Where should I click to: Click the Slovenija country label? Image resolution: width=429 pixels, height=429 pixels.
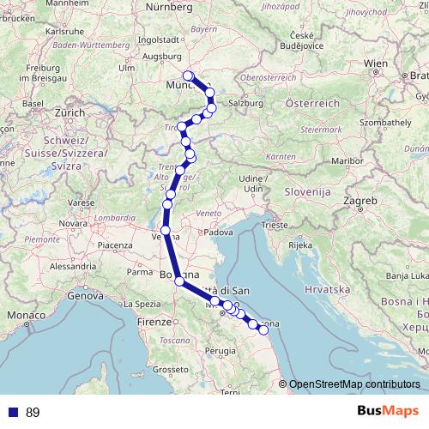click(x=309, y=192)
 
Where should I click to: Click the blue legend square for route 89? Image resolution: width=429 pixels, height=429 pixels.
click(x=13, y=413)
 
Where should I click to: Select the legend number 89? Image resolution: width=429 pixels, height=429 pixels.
click(x=33, y=413)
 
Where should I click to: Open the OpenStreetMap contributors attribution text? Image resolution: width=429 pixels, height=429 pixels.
click(x=353, y=384)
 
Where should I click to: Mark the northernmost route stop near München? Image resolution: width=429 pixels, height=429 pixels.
click(x=188, y=76)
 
